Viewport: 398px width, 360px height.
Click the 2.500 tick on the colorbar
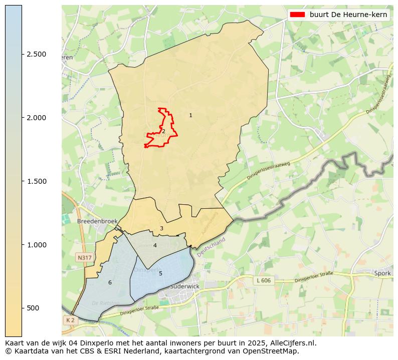click(36, 54)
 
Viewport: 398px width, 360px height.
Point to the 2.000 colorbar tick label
click(36, 118)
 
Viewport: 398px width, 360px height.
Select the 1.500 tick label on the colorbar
click(36, 181)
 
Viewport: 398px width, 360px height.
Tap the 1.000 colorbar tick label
click(36, 245)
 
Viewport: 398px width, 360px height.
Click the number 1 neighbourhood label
click(190, 116)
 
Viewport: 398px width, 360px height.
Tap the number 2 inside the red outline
click(163, 131)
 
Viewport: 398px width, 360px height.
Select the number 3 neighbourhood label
click(161, 228)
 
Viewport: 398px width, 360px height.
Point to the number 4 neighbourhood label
click(155, 245)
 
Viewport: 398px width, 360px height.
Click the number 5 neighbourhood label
click(160, 273)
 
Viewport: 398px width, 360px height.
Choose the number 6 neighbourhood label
click(110, 283)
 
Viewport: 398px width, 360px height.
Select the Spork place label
click(382, 273)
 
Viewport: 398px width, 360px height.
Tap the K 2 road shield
click(70, 320)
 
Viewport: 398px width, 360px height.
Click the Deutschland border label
click(211, 247)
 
